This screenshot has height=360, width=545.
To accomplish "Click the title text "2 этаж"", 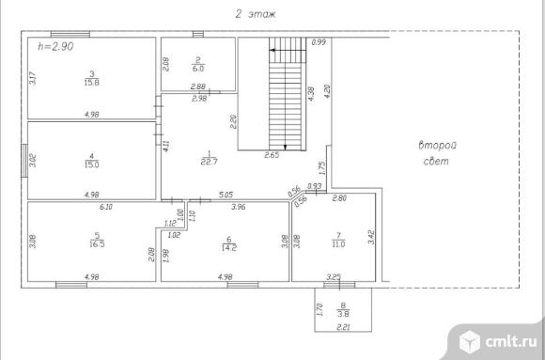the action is pyautogui.click(x=256, y=14).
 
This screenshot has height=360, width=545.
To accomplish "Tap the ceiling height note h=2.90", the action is pyautogui.click(x=55, y=46).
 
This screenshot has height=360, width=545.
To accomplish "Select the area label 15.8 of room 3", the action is pyautogui.click(x=92, y=82).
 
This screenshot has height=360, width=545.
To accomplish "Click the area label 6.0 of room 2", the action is pyautogui.click(x=198, y=69).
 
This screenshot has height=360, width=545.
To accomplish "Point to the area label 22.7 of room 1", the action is pyautogui.click(x=210, y=162).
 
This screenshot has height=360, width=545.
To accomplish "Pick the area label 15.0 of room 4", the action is pyautogui.click(x=92, y=164).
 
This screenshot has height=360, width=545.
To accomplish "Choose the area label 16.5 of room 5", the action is pyautogui.click(x=97, y=243).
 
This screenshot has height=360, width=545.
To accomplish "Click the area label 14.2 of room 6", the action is pyautogui.click(x=228, y=247).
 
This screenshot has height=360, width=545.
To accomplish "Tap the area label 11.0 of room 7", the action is pyautogui.click(x=338, y=244).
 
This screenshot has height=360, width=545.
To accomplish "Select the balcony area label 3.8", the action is pyautogui.click(x=343, y=314).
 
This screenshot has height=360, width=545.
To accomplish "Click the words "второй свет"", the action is pyautogui.click(x=437, y=153).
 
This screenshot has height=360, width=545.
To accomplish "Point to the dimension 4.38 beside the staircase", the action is pyautogui.click(x=311, y=94).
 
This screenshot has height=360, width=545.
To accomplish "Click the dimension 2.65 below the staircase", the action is pyautogui.click(x=272, y=155).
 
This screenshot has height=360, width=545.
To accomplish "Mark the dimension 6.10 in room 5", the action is pyautogui.click(x=106, y=207).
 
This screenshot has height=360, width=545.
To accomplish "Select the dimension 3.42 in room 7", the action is pyautogui.click(x=371, y=237).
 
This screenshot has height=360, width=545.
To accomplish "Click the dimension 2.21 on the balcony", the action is pyautogui.click(x=343, y=327).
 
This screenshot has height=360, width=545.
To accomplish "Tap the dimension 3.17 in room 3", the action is pyautogui.click(x=32, y=78).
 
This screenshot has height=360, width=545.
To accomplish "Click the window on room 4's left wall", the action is pyautogui.click(x=24, y=161).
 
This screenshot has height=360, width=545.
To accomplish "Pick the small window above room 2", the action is pyautogui.click(x=198, y=34).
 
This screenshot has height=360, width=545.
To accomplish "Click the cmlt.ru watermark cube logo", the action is pyautogui.click(x=470, y=341).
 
